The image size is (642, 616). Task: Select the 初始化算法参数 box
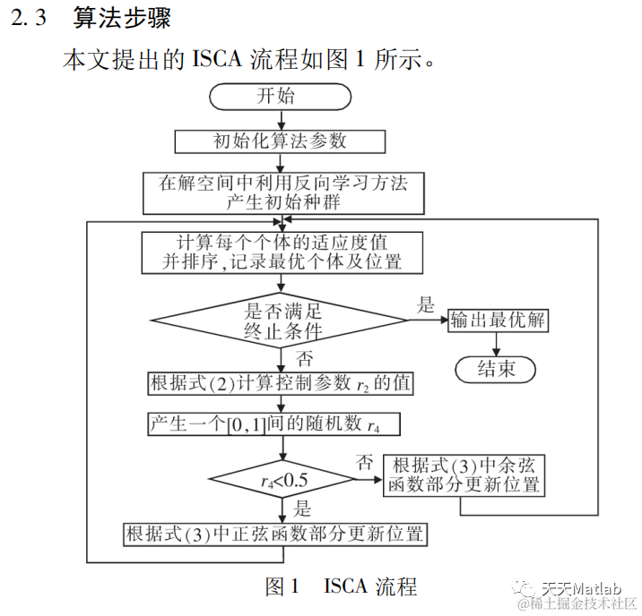(x=280, y=141)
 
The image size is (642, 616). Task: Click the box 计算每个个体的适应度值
(x=282, y=252)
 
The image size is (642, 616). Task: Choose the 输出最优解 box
(x=499, y=321)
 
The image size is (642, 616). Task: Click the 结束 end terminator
(x=495, y=368)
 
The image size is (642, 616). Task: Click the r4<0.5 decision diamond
(x=282, y=480)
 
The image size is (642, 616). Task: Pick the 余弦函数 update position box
(x=466, y=475)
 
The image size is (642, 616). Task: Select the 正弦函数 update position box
(x=274, y=535)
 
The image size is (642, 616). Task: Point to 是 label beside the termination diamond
(x=425, y=304)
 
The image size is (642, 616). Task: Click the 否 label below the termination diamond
(x=305, y=359)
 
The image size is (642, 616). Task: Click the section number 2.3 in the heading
(x=29, y=18)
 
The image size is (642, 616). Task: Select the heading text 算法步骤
(x=121, y=18)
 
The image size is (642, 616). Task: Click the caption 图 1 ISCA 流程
(x=341, y=586)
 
